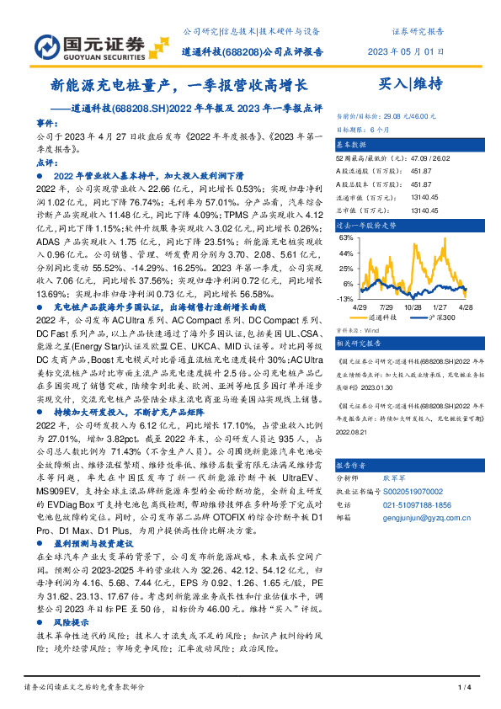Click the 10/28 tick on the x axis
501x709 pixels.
(413, 308)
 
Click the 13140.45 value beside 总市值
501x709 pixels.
(421, 211)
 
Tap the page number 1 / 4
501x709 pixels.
(462, 688)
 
